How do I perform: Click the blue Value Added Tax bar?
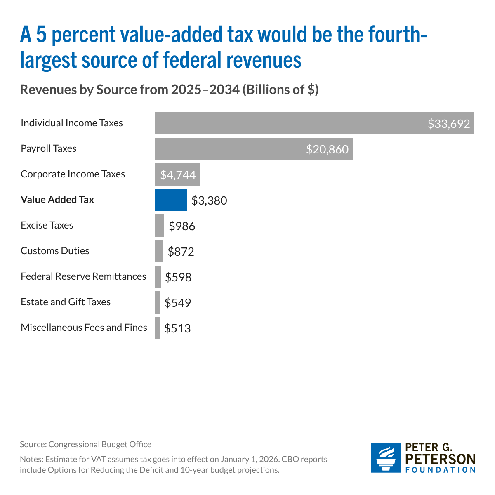[171, 200]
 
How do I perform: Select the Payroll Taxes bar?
[254, 149]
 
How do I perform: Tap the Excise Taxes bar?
[160, 226]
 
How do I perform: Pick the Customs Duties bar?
[159, 251]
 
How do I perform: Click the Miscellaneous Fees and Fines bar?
[158, 328]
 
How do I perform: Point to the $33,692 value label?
[448, 124]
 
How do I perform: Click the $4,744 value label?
[178, 175]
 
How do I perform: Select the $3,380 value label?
[209, 200]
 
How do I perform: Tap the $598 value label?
[178, 277]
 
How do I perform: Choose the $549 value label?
[178, 303]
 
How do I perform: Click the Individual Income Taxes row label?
[72, 123]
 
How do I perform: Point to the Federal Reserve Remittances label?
[83, 276]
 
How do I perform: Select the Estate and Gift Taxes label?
[66, 302]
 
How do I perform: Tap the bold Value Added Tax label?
[57, 200]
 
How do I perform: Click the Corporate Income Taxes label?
[73, 174]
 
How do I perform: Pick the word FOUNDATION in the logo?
[440, 470]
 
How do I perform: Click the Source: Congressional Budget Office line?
[85, 444]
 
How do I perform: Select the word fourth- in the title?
[398, 34]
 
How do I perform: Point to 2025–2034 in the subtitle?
[205, 90]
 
